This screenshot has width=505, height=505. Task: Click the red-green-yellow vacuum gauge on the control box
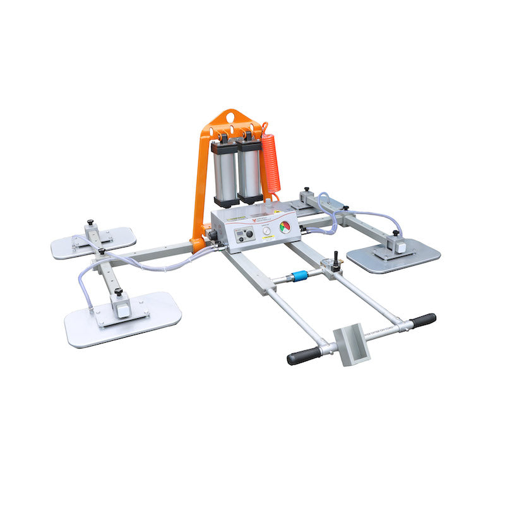pos(285,227)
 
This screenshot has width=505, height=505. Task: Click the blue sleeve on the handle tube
pos(297,276)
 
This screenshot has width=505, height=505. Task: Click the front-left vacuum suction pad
pos(123,319)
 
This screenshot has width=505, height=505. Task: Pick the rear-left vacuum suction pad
pos(93,242)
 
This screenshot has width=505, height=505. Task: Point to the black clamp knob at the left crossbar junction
pos(100,252)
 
